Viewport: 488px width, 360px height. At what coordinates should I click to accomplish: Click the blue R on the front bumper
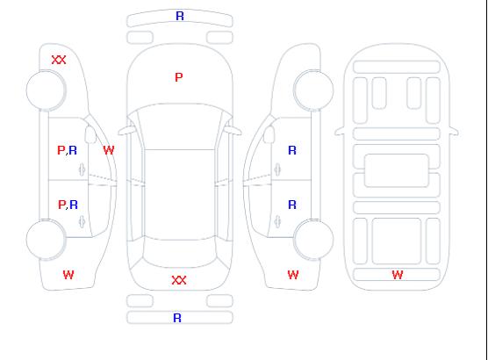pyautogui.click(x=180, y=16)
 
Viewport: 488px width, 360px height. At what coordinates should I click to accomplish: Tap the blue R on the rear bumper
pyautogui.click(x=177, y=318)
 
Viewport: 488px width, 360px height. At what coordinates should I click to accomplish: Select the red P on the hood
pyautogui.click(x=179, y=77)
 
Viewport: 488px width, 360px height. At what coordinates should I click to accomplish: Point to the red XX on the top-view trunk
pyautogui.click(x=179, y=280)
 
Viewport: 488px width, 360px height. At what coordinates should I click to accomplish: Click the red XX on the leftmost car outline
pyautogui.click(x=59, y=60)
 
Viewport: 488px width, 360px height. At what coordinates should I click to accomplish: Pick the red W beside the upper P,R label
pyautogui.click(x=109, y=150)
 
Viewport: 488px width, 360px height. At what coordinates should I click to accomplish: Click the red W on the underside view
pyautogui.click(x=398, y=275)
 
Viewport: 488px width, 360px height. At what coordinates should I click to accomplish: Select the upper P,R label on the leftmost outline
pyautogui.click(x=68, y=150)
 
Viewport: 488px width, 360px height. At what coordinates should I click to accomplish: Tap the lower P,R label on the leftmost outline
pyautogui.click(x=68, y=205)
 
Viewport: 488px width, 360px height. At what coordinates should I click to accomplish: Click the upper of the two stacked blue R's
pyautogui.click(x=292, y=150)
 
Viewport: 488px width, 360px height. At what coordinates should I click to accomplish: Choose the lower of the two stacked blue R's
pyautogui.click(x=292, y=205)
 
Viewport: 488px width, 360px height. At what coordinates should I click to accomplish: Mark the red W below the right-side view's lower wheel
pyautogui.click(x=293, y=275)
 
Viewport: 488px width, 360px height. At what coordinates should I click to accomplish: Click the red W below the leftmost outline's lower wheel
pyautogui.click(x=68, y=275)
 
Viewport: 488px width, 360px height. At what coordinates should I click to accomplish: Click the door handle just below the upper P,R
pyautogui.click(x=83, y=169)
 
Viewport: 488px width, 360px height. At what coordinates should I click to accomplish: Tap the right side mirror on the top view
pyautogui.click(x=233, y=131)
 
